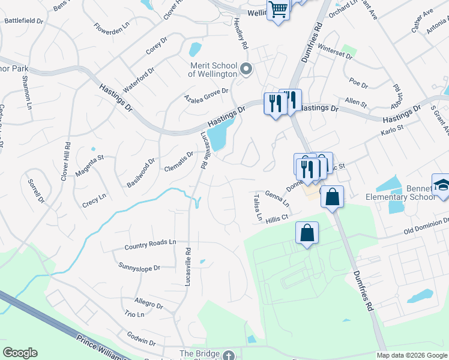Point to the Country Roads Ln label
tap(150, 245)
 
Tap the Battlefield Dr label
tap(24, 20)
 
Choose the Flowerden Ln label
tap(112, 28)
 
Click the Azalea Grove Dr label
tap(206, 95)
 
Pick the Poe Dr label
tap(358, 80)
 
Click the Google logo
tap(20, 353)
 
